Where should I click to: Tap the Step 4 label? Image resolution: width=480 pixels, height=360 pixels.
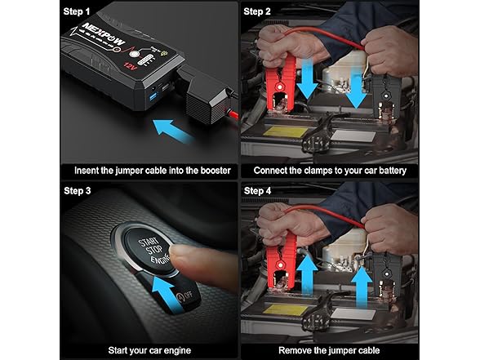259,192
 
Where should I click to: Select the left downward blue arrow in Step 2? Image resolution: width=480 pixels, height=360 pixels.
308,78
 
